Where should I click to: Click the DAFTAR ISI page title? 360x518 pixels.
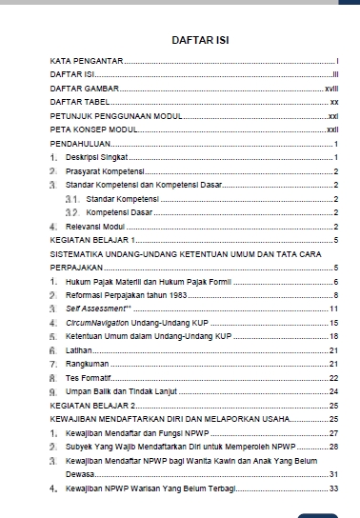[201, 41]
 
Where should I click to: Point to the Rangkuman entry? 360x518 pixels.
[89, 365]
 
